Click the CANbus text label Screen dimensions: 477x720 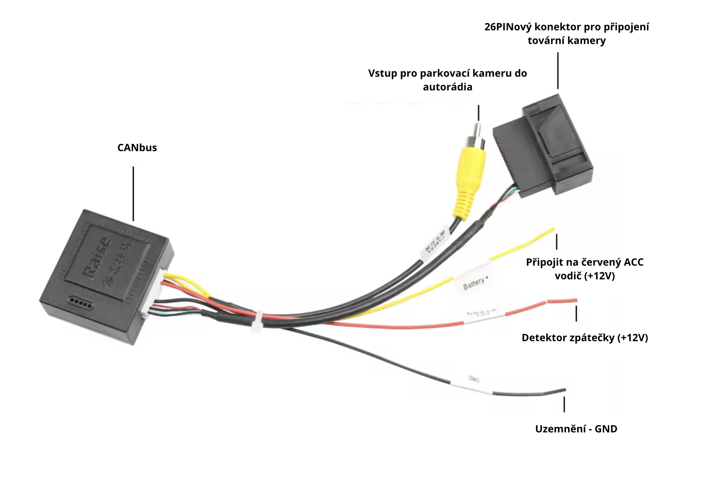click(137, 148)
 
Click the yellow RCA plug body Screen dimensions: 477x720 click(471, 171)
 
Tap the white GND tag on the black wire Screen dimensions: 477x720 click(473, 379)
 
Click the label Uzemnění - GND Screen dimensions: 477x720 click(576, 429)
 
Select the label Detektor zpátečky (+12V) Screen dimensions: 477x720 click(584, 338)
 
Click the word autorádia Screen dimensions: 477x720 click(447, 87)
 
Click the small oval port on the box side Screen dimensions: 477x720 click(79, 301)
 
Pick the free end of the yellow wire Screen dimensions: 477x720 click(552, 230)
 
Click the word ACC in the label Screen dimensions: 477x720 click(633, 262)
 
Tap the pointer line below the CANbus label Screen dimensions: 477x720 click(133, 194)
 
